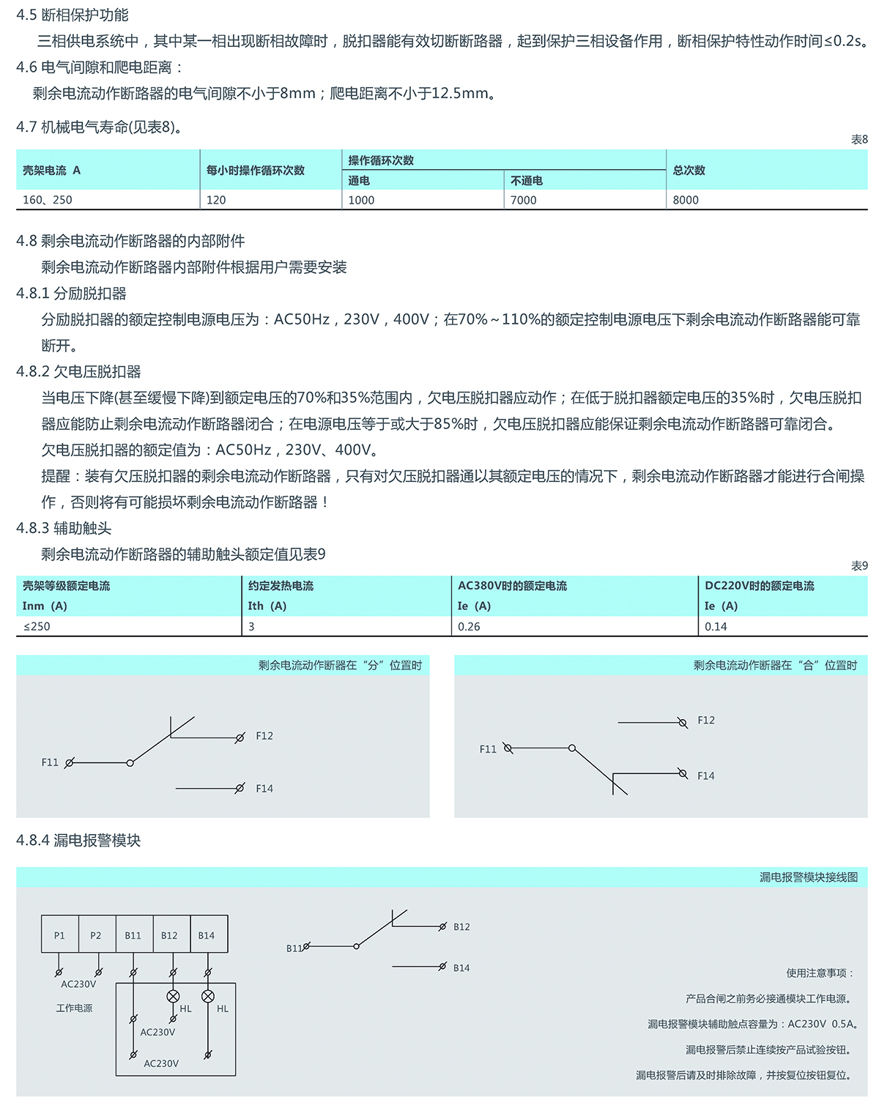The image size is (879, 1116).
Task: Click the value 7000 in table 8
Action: pos(523,200)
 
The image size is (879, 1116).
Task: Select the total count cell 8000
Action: pos(686,200)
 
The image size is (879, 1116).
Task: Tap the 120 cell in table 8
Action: pos(216,200)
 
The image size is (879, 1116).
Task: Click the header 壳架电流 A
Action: pos(51,170)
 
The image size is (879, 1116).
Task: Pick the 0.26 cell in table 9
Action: pos(469,626)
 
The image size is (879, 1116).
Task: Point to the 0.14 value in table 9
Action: pos(716,626)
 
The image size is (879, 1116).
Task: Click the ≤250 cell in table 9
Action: pos(37,626)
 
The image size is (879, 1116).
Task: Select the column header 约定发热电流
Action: pos(281,586)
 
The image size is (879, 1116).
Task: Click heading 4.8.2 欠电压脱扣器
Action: pos(78,371)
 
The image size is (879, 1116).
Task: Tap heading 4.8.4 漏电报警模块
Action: pos(78,840)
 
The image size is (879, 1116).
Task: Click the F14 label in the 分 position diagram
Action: pos(264,789)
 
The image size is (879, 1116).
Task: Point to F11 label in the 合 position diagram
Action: pos(488,749)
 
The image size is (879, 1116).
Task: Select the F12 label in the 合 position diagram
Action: pos(706,721)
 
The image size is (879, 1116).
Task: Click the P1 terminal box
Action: pos(59,935)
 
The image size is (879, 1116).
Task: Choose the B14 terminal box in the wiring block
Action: pos(207,935)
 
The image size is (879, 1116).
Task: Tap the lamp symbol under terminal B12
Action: pos(174,996)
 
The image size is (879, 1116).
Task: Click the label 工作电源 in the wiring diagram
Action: pos(74,1008)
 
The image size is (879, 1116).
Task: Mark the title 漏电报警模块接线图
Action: pos(808,877)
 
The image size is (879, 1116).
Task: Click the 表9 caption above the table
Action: pos(859,566)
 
